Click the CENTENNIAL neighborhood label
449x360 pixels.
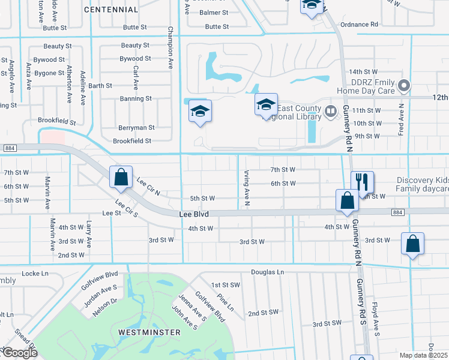coord(111,10)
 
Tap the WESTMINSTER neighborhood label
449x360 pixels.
coord(149,332)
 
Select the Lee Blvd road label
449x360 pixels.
coord(194,214)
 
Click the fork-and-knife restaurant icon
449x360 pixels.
coord(362,182)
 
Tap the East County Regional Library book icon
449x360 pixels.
coord(330,111)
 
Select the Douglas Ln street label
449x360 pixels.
coord(267,272)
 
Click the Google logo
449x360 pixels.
coord(19,353)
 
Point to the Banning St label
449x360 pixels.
coord(136,98)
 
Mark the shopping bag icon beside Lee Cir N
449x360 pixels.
coord(121,177)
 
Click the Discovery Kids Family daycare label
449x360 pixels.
coord(422,185)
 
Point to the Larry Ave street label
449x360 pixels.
coord(89,234)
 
